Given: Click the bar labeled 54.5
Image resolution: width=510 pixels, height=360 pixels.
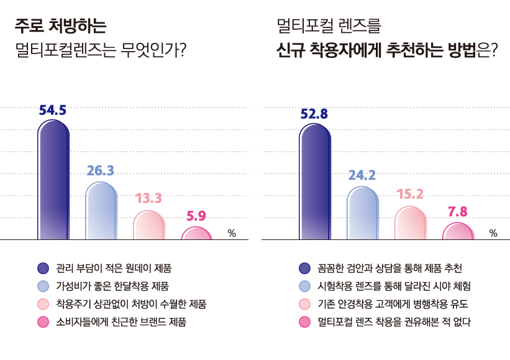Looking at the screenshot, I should click(53, 180).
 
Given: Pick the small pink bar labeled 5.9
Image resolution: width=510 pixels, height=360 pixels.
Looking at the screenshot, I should click(196, 233).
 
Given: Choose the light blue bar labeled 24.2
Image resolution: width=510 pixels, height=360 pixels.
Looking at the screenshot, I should click(362, 213).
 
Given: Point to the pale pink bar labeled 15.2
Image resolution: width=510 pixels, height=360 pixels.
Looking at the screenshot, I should click(410, 223).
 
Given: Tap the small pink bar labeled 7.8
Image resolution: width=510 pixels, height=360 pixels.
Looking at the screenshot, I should click(458, 231).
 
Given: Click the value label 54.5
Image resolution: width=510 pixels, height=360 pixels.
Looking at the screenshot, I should click(53, 110).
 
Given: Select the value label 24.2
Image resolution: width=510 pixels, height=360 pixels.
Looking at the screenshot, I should click(362, 175).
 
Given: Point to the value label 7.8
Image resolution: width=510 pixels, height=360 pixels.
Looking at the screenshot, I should click(458, 212).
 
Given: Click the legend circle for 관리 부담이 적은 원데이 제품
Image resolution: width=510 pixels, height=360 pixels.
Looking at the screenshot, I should click(43, 269).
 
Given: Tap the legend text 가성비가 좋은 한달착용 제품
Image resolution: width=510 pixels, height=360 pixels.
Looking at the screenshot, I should click(112, 287).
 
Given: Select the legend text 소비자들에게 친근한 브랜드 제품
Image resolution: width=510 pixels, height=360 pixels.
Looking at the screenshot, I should click(121, 322).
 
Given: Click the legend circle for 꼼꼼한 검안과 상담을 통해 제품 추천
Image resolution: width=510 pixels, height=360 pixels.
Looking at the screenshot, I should click(304, 269).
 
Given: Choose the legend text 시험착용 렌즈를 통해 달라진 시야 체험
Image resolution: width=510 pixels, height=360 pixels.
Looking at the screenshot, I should click(394, 287).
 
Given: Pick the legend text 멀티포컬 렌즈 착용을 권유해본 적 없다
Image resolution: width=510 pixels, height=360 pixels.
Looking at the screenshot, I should click(394, 322).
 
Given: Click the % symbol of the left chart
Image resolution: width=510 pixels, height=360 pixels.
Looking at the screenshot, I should click(232, 233).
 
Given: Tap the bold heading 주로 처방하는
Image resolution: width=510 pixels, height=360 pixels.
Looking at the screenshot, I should click(60, 26).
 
